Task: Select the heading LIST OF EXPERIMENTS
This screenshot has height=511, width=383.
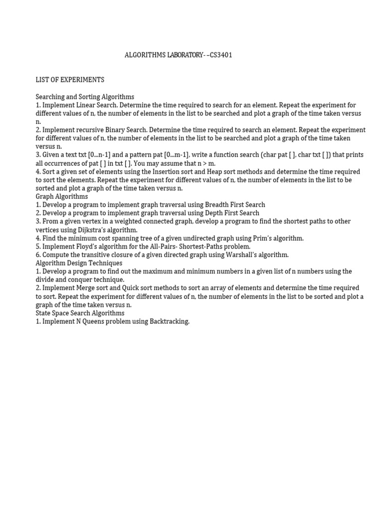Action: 70,80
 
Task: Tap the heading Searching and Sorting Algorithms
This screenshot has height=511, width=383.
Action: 85,96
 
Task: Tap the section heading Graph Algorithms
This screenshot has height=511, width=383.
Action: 62,196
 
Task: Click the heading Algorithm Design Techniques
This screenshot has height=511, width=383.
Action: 79,263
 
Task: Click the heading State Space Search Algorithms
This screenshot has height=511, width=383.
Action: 80,313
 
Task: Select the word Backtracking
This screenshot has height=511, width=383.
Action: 170,321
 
